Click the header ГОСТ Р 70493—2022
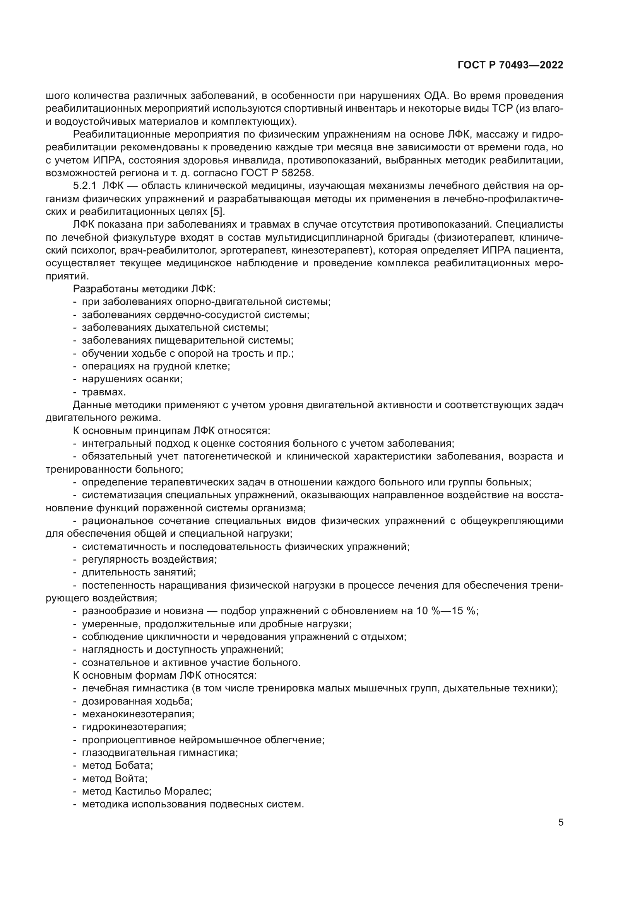click(x=510, y=65)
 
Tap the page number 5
click(x=560, y=822)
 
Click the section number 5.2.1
click(x=85, y=186)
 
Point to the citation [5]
click(x=217, y=211)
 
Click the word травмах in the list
click(x=104, y=392)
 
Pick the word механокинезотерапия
click(x=137, y=714)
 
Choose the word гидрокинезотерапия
click(x=133, y=727)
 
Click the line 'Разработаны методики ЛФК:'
click(x=144, y=289)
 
